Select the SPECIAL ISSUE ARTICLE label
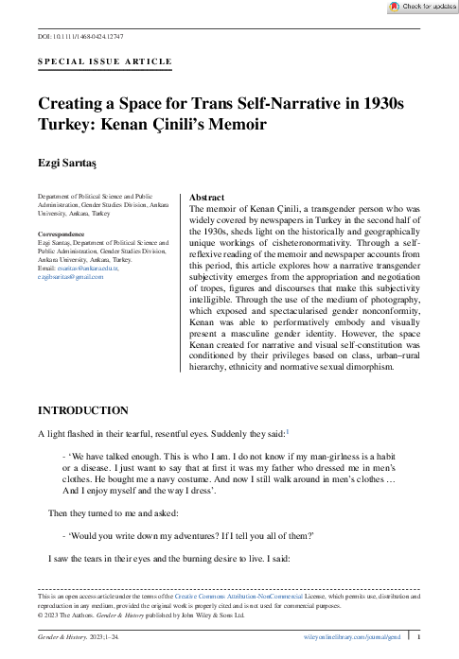[104, 61]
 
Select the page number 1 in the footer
[418, 638]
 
